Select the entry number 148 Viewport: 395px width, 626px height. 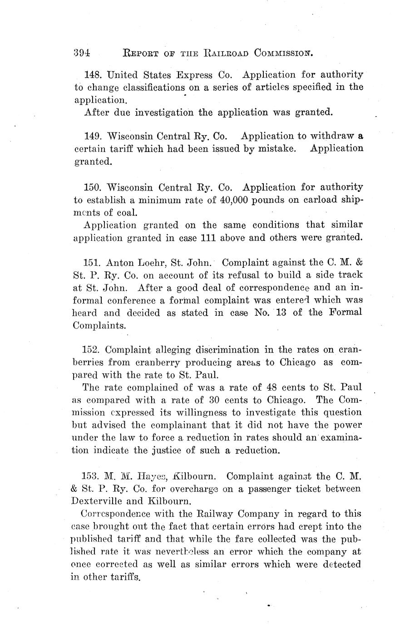pos(94,75)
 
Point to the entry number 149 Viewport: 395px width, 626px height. pos(94,136)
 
